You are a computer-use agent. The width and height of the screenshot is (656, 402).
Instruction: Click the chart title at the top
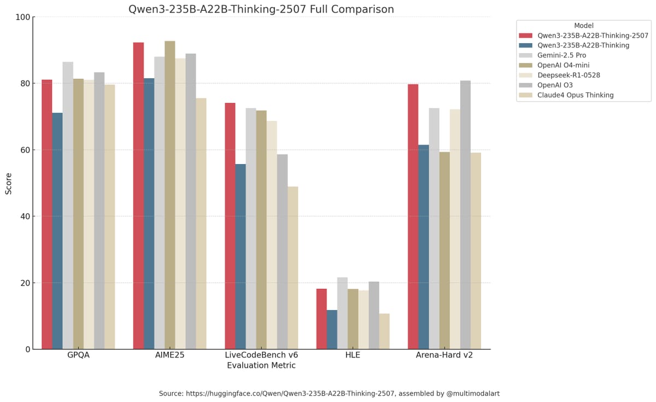[x=261, y=9]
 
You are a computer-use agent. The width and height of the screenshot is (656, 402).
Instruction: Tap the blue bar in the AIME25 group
[x=149, y=213]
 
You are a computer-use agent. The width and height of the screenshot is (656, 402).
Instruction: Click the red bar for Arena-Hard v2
[x=413, y=217]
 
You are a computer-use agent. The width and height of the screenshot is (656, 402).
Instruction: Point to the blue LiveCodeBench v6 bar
[x=241, y=257]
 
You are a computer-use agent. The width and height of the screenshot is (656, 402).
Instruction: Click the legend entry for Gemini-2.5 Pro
[x=561, y=55]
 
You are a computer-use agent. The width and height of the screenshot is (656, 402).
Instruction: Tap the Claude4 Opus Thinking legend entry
[x=575, y=95]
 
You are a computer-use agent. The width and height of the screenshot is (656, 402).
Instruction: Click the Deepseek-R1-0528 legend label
[x=569, y=75]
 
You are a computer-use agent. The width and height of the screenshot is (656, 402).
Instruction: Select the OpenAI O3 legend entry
[x=555, y=85]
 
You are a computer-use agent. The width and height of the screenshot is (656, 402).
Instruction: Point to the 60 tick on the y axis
[x=26, y=150]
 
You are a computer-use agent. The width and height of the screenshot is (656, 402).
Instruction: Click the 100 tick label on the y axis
[x=23, y=17]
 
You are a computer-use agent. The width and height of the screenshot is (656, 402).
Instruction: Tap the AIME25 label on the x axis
[x=169, y=355]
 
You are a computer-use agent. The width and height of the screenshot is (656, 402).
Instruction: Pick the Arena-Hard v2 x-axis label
[x=444, y=355]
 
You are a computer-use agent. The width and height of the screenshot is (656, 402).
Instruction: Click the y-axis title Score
[x=9, y=183]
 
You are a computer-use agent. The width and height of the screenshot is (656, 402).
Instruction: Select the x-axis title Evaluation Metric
[x=261, y=365]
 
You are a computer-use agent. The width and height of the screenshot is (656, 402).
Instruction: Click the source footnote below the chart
[x=329, y=393]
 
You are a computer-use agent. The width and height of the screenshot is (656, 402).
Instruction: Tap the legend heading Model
[x=583, y=26]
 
